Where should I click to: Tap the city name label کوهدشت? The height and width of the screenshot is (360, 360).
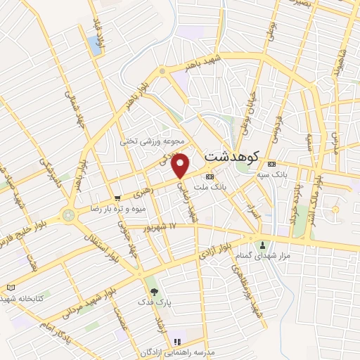point(231,155)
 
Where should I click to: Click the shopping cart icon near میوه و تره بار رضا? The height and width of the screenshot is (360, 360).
point(117,199)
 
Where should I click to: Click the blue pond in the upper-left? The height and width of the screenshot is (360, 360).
point(94,45)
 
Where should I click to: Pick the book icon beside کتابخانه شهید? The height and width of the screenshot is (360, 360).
point(10,288)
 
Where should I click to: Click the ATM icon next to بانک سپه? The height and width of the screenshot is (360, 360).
point(271,165)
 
